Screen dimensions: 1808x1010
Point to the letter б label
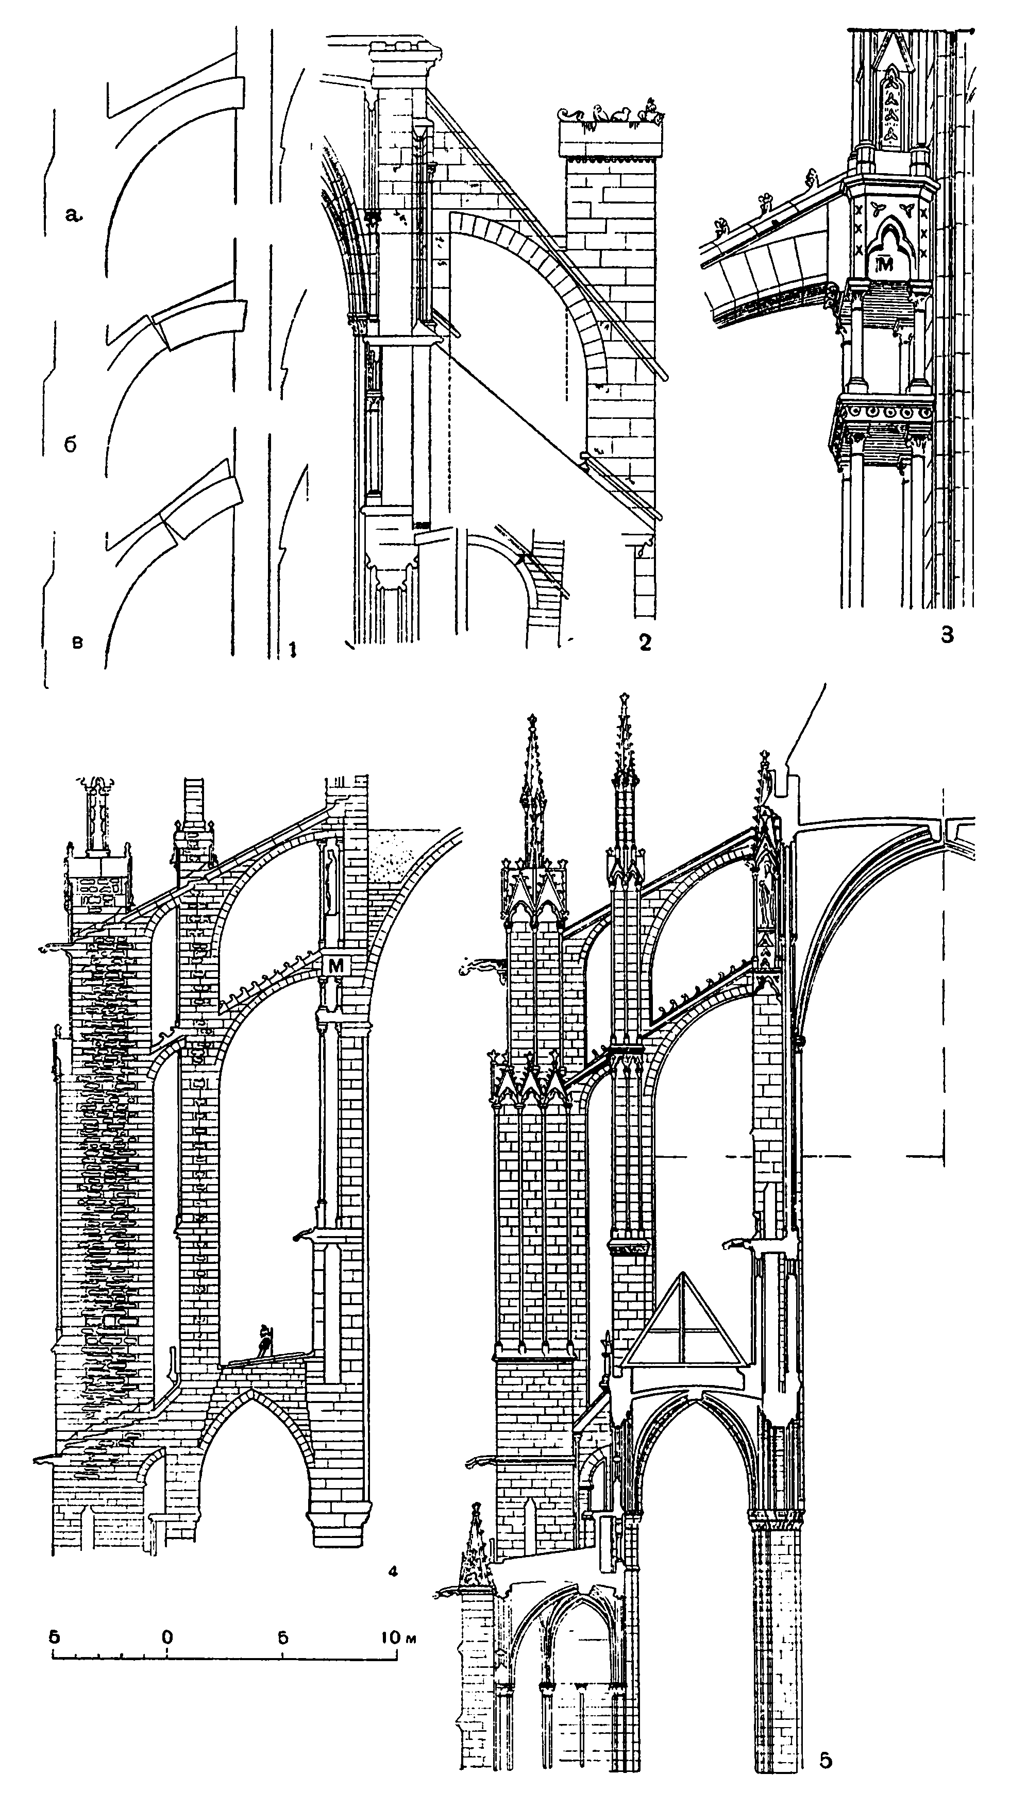(70, 445)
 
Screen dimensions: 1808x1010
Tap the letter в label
(77, 641)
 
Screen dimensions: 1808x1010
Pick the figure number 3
(947, 636)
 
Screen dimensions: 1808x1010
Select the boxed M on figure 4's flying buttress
(336, 966)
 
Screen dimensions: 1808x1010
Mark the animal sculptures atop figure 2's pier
(611, 114)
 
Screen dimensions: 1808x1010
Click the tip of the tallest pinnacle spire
(624, 698)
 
